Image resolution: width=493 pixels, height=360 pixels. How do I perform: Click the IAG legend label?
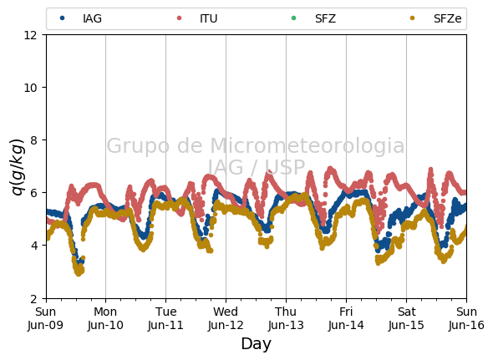point(92,18)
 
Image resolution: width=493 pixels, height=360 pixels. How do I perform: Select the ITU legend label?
point(208,18)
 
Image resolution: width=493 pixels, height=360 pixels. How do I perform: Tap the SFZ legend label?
point(325,18)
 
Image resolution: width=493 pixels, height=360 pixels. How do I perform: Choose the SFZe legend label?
point(447,18)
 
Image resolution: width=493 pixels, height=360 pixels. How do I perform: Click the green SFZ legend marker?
point(293,18)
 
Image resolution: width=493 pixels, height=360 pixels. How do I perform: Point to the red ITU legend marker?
point(179,18)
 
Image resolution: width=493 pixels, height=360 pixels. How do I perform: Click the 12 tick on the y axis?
point(30,35)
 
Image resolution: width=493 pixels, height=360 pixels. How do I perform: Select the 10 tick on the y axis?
point(30,88)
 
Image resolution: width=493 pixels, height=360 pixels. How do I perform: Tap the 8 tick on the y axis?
point(33,140)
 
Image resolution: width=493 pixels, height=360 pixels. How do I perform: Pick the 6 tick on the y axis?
point(33,193)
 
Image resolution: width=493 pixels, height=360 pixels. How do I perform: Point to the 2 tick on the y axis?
point(33,299)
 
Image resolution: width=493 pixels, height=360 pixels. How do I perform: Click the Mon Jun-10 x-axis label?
point(105,318)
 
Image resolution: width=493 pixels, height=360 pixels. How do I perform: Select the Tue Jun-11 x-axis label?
point(165,318)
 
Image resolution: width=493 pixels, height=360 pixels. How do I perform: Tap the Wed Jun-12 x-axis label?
point(226,318)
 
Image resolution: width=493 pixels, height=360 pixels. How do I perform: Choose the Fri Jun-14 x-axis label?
point(346,318)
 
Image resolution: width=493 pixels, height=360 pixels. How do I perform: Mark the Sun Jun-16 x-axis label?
point(466,318)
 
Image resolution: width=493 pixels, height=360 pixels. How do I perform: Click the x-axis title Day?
point(256,344)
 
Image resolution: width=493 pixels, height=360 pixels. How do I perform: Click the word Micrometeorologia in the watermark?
point(307,146)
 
